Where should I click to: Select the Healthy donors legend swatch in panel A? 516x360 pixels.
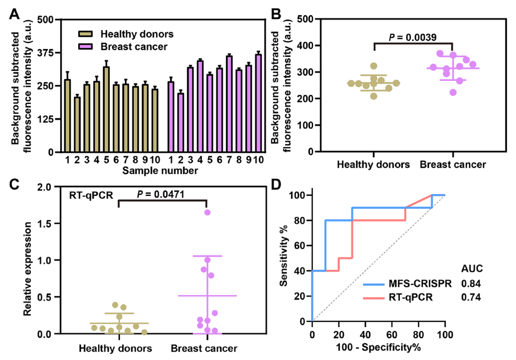tap(85, 33)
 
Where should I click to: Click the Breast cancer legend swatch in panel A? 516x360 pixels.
tap(85, 46)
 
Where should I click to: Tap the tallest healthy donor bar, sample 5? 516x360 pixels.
tap(106, 109)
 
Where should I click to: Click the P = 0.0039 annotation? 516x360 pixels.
tap(412, 37)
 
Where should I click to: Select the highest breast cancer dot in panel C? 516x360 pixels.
tap(208, 213)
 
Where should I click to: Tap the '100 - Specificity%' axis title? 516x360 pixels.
tap(379, 347)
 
